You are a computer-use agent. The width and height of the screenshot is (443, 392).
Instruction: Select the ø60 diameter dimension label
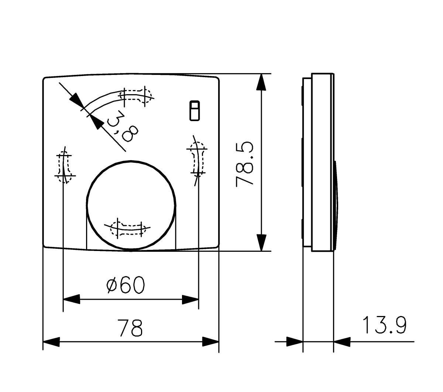(x=126, y=285)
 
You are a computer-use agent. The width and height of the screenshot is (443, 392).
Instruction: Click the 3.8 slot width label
(x=122, y=127)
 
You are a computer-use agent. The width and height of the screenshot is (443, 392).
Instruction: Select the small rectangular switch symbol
(x=195, y=110)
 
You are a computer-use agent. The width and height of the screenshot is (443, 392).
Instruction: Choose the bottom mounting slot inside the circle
(x=129, y=229)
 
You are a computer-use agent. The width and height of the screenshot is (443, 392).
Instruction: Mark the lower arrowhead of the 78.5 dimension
(x=261, y=243)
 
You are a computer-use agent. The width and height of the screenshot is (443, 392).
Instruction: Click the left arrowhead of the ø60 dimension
(x=72, y=299)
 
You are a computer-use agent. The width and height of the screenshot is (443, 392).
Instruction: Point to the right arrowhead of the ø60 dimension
(x=190, y=299)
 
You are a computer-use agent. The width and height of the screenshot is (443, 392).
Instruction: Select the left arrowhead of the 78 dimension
(x=51, y=342)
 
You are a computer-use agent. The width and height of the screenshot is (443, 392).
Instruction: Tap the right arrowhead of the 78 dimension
(x=210, y=342)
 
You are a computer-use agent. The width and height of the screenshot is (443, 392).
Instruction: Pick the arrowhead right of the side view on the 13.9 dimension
(x=342, y=342)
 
